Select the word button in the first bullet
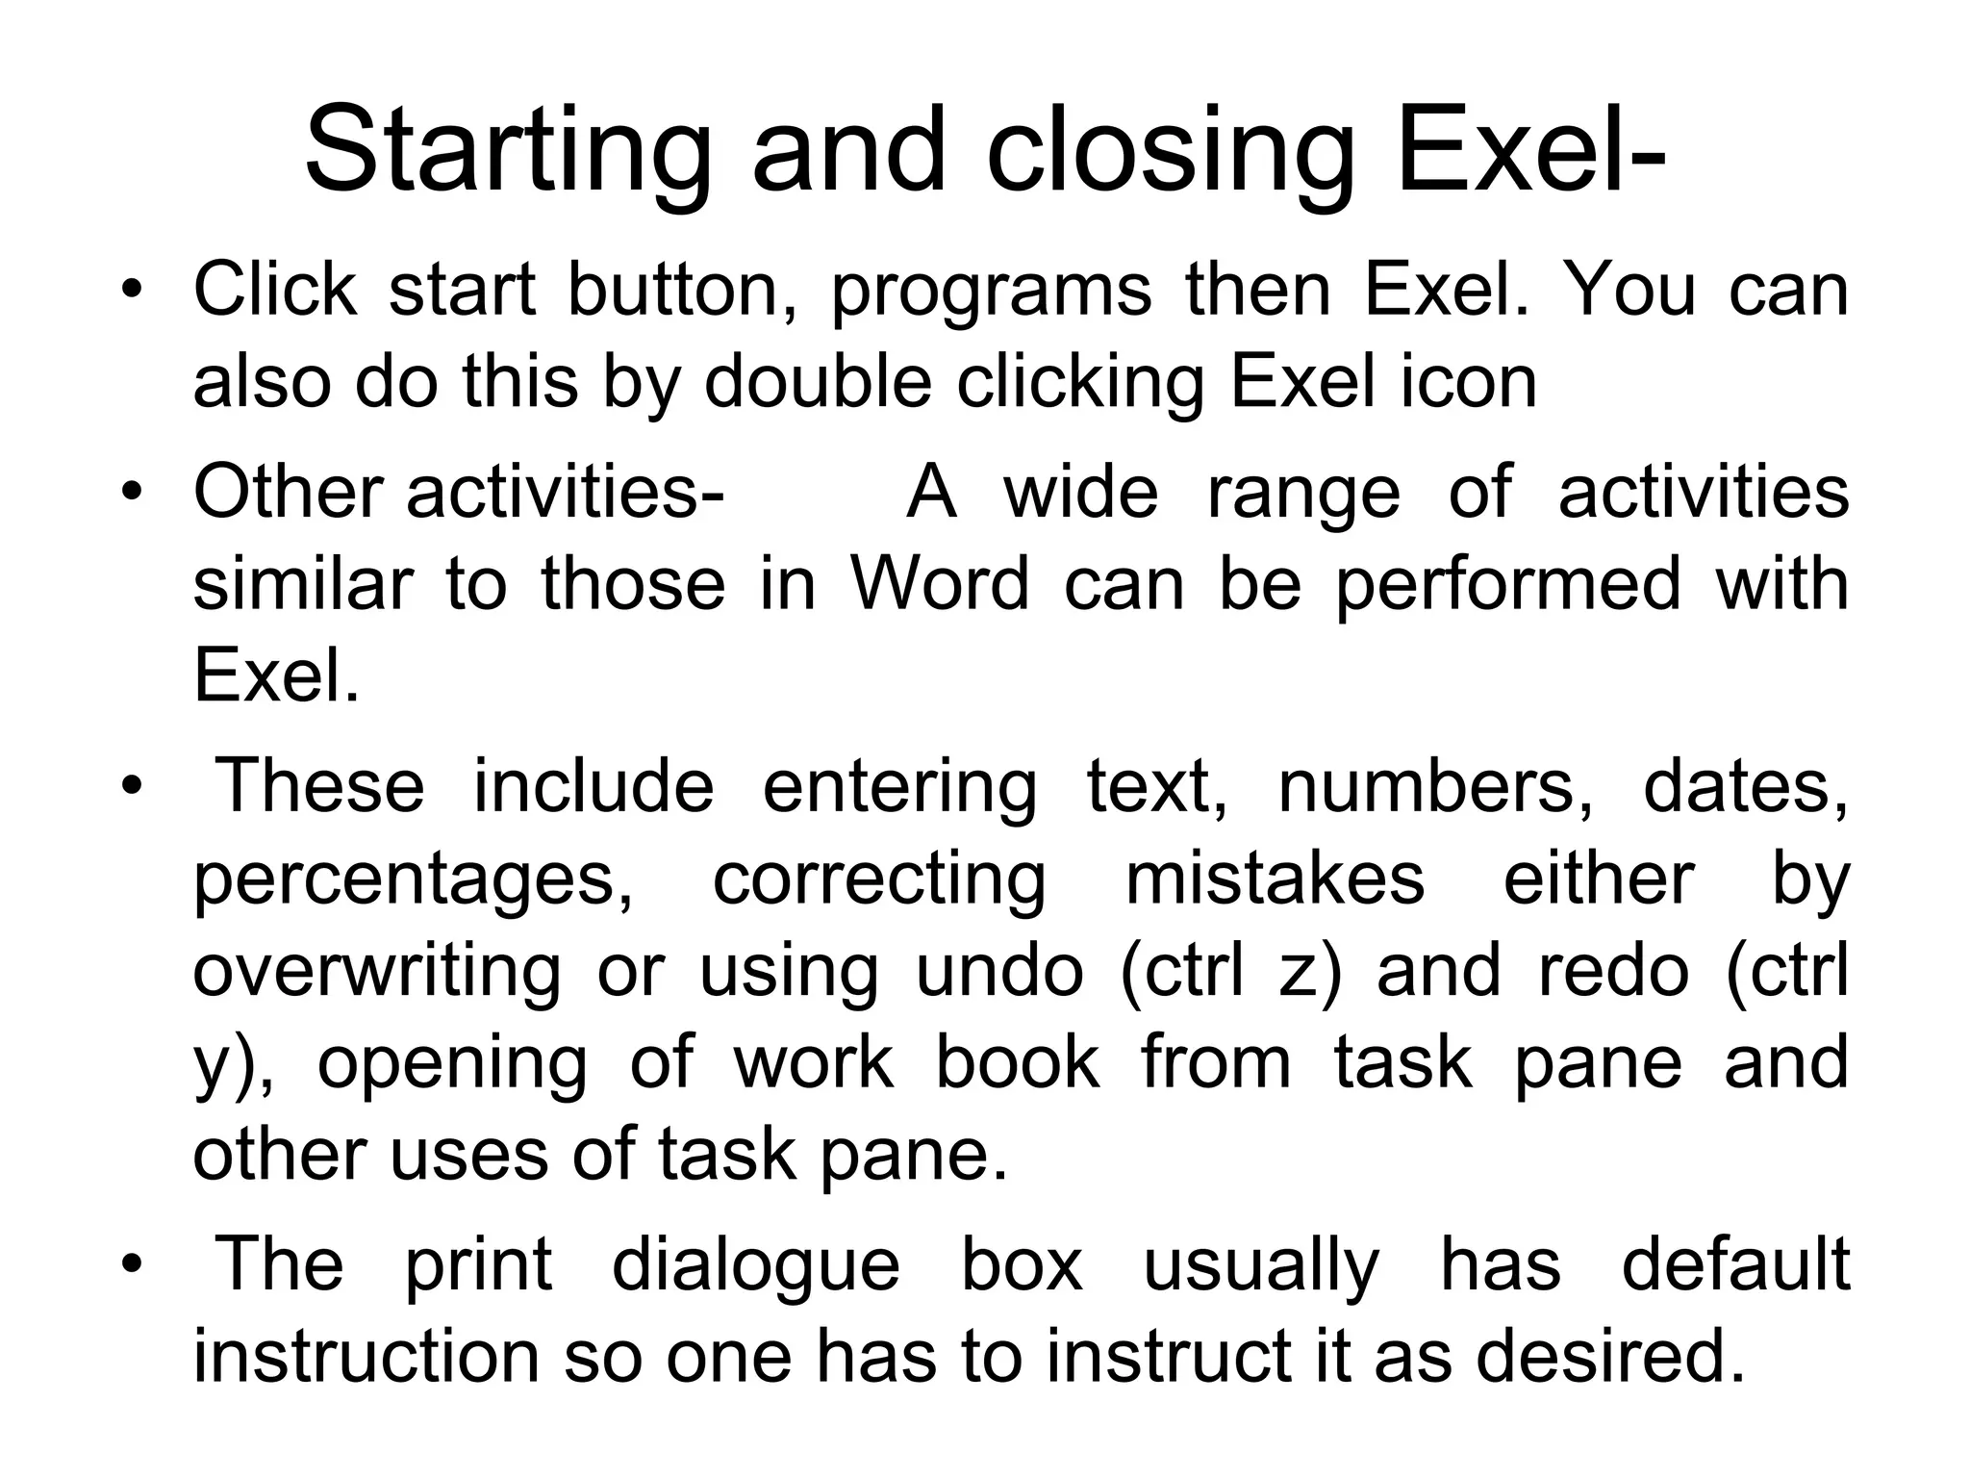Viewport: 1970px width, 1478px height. (x=682, y=290)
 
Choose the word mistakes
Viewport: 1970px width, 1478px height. (x=1275, y=879)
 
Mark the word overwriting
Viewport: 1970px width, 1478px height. (x=376, y=972)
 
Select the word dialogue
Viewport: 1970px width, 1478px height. (x=755, y=1267)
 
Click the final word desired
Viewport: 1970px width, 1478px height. (x=1609, y=1356)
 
